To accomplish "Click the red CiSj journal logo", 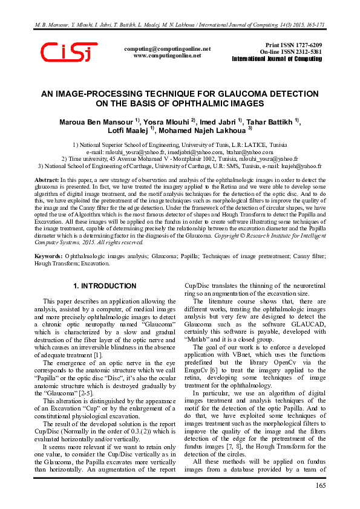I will [x=68, y=53].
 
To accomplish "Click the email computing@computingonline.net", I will [x=167, y=48].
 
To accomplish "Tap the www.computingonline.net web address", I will [x=167, y=55].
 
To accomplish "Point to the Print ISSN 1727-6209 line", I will [x=294, y=45].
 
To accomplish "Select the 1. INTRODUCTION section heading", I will [x=105, y=285].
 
